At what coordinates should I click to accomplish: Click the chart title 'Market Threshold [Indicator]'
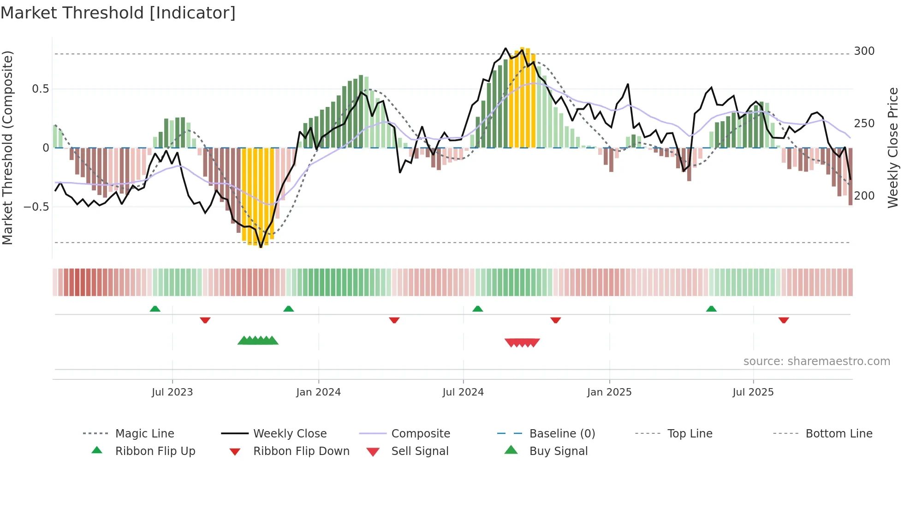pyautogui.click(x=118, y=13)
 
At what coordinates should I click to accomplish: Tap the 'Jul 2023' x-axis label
pyautogui.click(x=172, y=392)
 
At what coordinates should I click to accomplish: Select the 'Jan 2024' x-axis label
pyautogui.click(x=318, y=392)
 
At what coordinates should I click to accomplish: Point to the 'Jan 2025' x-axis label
pyautogui.click(x=609, y=392)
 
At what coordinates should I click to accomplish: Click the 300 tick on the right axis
pyautogui.click(x=864, y=51)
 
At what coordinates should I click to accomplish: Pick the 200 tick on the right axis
pyautogui.click(x=864, y=196)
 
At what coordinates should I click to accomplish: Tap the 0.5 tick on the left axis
pyautogui.click(x=40, y=89)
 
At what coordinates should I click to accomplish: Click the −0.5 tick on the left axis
pyautogui.click(x=36, y=207)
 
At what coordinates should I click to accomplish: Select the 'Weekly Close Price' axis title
pyautogui.click(x=893, y=148)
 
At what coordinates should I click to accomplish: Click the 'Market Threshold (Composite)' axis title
pyautogui.click(x=8, y=148)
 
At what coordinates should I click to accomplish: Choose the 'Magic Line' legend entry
pyautogui.click(x=144, y=434)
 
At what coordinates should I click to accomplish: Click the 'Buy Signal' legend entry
pyautogui.click(x=558, y=451)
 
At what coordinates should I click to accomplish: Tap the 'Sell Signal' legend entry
pyautogui.click(x=420, y=451)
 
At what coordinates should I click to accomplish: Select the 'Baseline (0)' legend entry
pyautogui.click(x=562, y=434)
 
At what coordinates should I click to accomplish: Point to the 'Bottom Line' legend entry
pyautogui.click(x=839, y=434)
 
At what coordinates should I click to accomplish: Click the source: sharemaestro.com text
pyautogui.click(x=816, y=361)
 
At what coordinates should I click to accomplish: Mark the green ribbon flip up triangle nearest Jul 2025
pyautogui.click(x=711, y=309)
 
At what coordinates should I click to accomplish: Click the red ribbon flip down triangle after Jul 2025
pyautogui.click(x=784, y=320)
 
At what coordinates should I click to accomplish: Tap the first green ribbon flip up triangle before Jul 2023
pyautogui.click(x=155, y=309)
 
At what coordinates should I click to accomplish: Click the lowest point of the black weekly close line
pyautogui.click(x=261, y=248)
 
